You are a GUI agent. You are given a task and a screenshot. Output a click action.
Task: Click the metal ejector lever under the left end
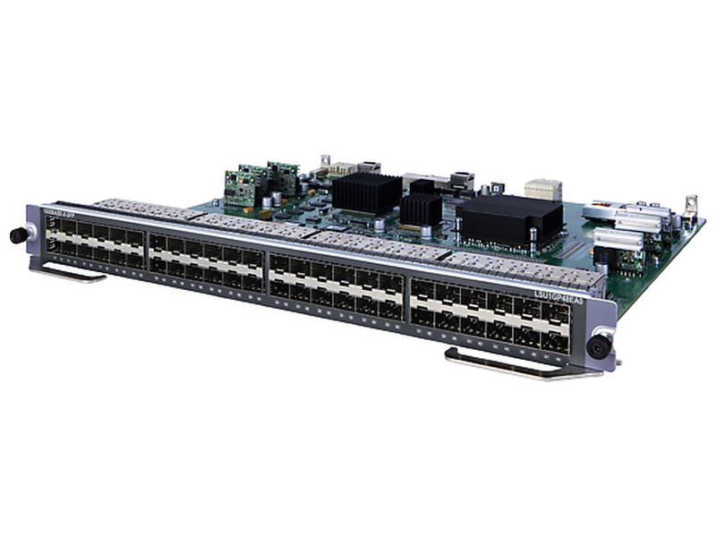pyautogui.click(x=67, y=271)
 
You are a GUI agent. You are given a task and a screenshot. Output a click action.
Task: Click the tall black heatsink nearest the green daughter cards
pyautogui.click(x=367, y=192)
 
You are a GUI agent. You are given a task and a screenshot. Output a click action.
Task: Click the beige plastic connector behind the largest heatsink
pyautogui.click(x=542, y=188)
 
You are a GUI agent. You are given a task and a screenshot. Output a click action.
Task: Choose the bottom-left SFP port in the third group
pyautogui.click(x=279, y=287)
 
